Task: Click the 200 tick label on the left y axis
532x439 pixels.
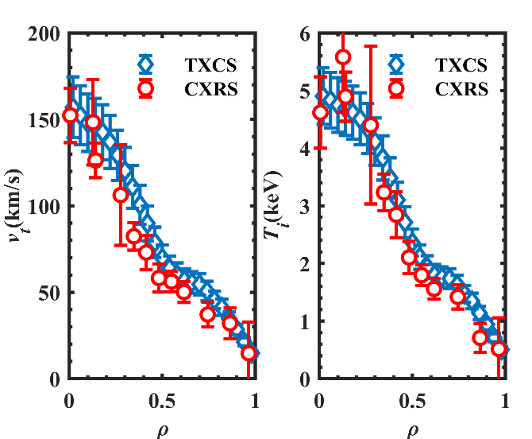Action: pos(45,34)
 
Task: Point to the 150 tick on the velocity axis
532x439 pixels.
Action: pos(45,120)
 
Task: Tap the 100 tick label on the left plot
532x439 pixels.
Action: pos(45,206)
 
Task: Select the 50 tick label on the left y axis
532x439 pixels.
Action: pos(50,293)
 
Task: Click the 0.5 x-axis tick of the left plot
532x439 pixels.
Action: pos(162,400)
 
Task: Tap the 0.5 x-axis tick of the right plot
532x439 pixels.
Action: pos(412,400)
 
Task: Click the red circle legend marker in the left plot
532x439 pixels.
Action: pos(145,89)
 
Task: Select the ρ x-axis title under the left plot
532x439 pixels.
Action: pos(162,430)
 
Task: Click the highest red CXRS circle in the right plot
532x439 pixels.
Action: pos(343,57)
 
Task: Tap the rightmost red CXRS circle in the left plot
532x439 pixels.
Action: pos(249,353)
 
